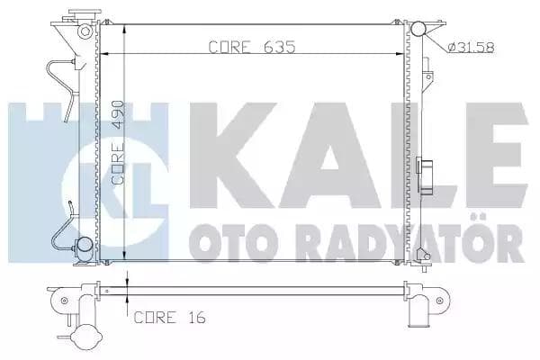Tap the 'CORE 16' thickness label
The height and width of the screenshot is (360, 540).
[x=167, y=316]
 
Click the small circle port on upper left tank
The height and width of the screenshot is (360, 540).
[x=85, y=32]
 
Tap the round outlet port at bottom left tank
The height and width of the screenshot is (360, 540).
[x=83, y=244]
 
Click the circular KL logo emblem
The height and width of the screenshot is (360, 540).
[x=153, y=180]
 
